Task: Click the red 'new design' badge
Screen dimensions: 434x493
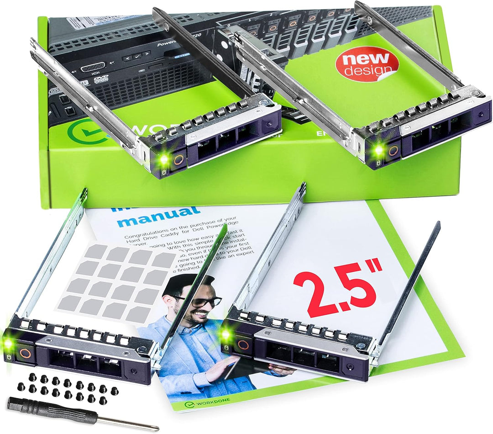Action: [x=367, y=64]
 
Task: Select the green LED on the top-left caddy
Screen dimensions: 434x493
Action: [x=163, y=159]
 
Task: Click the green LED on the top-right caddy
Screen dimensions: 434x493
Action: [x=378, y=149]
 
